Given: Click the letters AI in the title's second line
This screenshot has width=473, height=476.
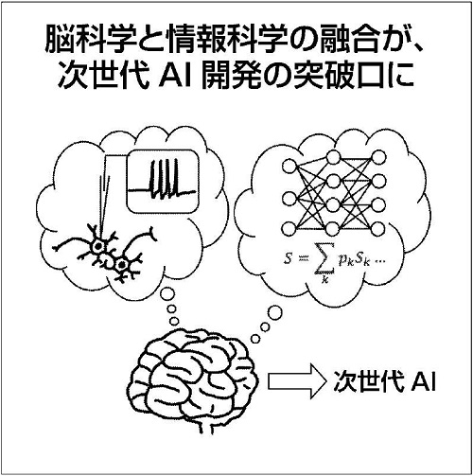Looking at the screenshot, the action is click(x=176, y=75).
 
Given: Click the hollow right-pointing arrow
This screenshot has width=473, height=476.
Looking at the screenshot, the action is click(x=296, y=381).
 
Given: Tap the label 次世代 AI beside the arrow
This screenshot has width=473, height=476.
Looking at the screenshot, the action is click(x=384, y=381).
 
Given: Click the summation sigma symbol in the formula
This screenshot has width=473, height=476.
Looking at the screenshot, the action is click(x=323, y=261).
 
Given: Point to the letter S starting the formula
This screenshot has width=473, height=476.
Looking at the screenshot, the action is click(x=288, y=258).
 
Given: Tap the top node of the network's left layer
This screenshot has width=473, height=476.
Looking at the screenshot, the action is click(x=289, y=166).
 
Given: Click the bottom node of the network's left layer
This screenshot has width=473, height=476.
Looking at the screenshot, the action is click(x=289, y=229).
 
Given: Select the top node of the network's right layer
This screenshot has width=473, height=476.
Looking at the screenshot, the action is click(x=377, y=157).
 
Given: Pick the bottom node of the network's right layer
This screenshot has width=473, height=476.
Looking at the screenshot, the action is click(x=377, y=229).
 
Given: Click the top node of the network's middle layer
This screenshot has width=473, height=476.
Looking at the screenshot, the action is click(x=333, y=157).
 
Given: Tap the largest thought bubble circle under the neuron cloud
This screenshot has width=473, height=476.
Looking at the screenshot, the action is click(x=167, y=294).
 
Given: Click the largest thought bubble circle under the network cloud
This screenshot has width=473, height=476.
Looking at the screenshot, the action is click(x=275, y=312).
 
